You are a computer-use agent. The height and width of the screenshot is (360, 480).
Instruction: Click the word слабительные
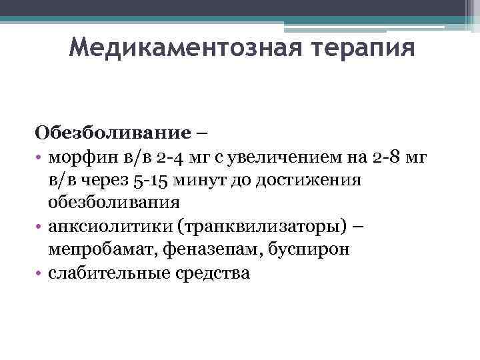point(107,273)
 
